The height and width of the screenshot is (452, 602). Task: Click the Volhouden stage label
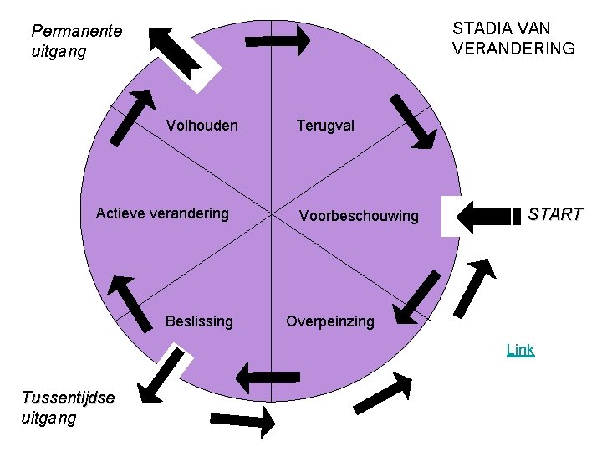click(x=202, y=126)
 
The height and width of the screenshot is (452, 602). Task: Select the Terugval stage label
click(x=325, y=126)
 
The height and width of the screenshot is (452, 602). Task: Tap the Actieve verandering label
click(x=162, y=213)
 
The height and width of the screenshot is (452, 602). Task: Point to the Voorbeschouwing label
click(x=359, y=216)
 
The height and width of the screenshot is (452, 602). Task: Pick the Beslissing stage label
click(x=199, y=321)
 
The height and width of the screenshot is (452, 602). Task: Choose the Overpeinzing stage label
click(x=330, y=321)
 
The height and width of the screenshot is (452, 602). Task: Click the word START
click(x=555, y=214)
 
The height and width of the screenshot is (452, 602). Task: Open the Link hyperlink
click(x=520, y=350)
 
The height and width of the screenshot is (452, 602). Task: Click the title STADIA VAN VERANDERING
click(x=513, y=39)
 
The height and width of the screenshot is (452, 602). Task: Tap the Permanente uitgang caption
click(x=76, y=41)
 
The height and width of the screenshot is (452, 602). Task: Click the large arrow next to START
click(x=489, y=216)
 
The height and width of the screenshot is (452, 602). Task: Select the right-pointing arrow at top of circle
click(x=278, y=39)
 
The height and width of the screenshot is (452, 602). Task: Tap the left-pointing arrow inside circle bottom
click(x=268, y=378)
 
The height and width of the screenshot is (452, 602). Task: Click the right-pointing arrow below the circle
click(x=242, y=421)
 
